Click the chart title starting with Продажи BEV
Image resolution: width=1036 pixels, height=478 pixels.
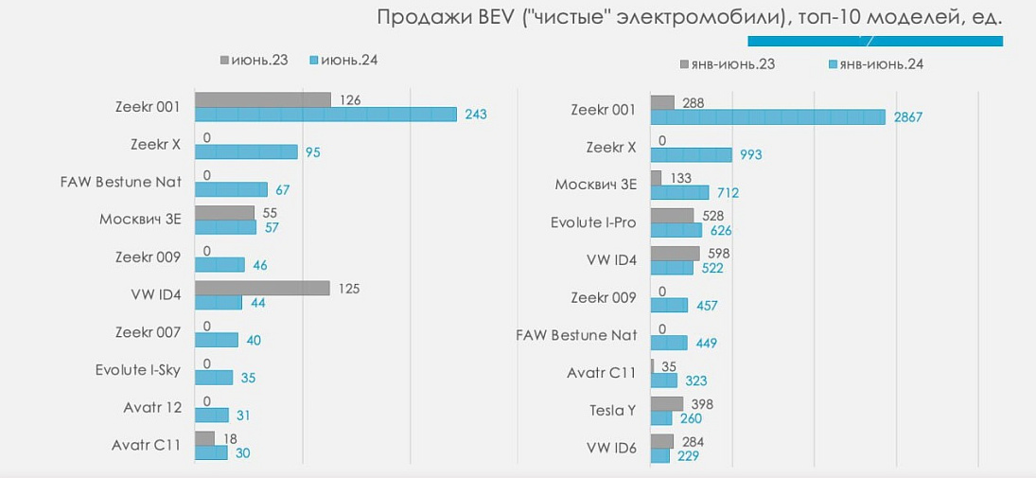(689, 18)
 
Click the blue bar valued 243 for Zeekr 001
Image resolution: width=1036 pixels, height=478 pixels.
(326, 115)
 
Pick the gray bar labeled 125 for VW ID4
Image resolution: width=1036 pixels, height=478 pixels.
(262, 289)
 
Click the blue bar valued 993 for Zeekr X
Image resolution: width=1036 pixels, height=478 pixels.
(692, 154)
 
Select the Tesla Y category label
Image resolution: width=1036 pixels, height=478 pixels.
(612, 411)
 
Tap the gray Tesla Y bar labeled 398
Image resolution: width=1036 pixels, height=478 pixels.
(661, 404)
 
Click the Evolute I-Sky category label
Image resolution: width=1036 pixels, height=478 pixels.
(137, 370)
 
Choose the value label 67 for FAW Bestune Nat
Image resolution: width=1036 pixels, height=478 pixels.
(282, 190)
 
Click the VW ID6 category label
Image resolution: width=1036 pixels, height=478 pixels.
(611, 448)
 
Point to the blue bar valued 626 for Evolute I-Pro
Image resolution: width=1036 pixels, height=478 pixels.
(676, 230)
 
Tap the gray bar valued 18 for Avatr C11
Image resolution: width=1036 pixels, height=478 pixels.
(204, 439)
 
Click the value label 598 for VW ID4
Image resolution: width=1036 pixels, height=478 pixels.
(718, 254)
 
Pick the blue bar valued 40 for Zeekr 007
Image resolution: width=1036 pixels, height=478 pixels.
(217, 340)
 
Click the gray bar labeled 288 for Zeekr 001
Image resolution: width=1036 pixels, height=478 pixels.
(662, 102)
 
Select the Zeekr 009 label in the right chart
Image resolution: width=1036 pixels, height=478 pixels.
(604, 298)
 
